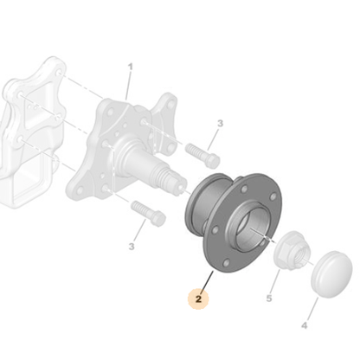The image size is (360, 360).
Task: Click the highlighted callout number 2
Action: point(198,299)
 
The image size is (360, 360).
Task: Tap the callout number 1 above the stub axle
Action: point(131,67)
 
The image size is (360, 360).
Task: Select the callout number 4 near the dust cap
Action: point(305,325)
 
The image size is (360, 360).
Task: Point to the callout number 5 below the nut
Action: point(269,299)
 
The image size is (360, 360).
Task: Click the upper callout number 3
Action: point(220,124)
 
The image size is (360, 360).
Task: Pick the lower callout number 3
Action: point(132,247)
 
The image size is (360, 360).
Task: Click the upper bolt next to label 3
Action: point(202,156)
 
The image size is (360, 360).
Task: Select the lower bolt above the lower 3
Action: point(148,214)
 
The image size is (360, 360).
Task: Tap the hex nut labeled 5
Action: point(292,248)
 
